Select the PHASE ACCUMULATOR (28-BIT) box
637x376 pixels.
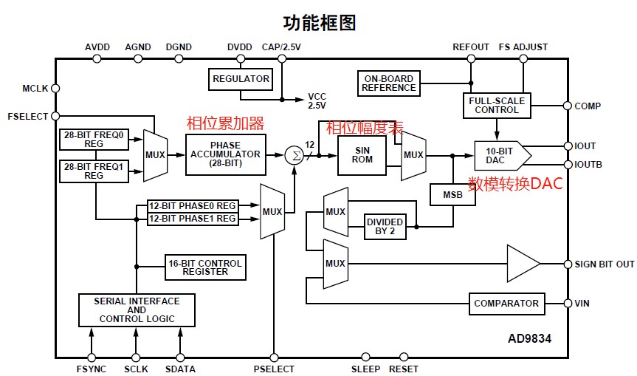click(225, 154)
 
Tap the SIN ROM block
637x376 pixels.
click(362, 155)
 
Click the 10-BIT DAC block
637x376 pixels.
click(500, 155)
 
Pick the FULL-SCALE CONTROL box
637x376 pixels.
click(497, 106)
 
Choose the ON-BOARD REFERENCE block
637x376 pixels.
click(389, 83)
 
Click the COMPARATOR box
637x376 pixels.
click(506, 304)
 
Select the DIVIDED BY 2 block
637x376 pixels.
click(385, 227)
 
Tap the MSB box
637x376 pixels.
click(452, 194)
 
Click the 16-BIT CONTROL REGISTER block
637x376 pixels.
click(205, 267)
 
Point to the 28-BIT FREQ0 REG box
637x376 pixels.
click(94, 140)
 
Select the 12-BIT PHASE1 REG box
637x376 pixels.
click(193, 219)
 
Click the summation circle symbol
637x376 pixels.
click(294, 155)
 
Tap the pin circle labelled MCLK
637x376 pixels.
click(55, 89)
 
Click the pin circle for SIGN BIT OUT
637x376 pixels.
click(567, 264)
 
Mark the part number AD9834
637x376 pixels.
click(529, 339)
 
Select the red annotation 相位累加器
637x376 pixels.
click(224, 123)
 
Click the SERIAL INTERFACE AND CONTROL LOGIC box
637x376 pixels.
click(137, 310)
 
